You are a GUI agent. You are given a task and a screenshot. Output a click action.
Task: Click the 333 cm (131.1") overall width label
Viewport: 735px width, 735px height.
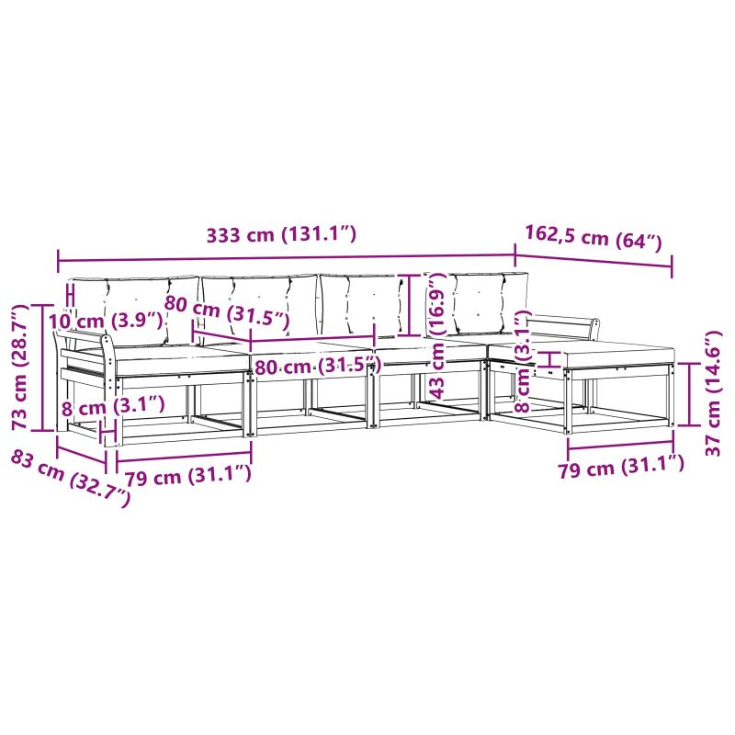coord(281,234)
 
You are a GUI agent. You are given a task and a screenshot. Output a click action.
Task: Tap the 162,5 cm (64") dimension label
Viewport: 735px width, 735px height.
coord(594,238)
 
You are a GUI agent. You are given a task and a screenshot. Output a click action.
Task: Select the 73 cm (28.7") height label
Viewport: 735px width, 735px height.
coord(20,367)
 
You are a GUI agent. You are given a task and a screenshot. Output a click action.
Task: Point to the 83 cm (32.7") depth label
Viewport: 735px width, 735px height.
coord(71,477)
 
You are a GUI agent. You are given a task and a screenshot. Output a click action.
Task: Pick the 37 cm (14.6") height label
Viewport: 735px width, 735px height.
coord(713,393)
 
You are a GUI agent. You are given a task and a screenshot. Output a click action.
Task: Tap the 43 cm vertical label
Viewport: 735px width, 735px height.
coord(437,370)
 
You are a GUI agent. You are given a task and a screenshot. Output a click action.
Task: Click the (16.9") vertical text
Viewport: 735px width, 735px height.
coord(436,304)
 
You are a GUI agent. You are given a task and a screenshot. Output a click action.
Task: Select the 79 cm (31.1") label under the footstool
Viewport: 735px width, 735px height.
coord(621,466)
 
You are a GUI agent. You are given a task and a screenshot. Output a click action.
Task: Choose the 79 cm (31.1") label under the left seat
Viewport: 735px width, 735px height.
coord(187,475)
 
